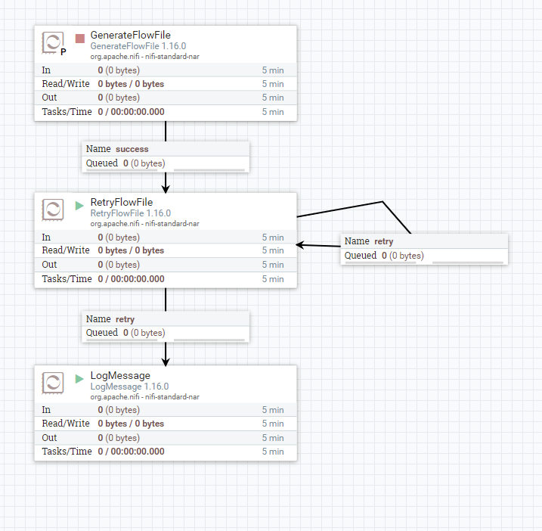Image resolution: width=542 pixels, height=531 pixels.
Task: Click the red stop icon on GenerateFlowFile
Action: [80, 39]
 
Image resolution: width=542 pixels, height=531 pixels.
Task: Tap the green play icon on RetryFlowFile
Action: [79, 205]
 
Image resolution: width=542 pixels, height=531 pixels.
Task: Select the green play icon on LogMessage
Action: [79, 378]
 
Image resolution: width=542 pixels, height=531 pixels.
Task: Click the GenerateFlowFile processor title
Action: [130, 35]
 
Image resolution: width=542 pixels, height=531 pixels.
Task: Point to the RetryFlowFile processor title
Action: [121, 202]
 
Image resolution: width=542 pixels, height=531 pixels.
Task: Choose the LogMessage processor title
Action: [120, 375]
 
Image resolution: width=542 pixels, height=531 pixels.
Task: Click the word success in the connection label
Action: [132, 149]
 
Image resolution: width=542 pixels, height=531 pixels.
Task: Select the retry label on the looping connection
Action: [383, 241]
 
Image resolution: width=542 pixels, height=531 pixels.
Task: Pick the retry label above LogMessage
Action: [125, 319]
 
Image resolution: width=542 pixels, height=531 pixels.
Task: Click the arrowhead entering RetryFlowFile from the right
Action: [300, 244]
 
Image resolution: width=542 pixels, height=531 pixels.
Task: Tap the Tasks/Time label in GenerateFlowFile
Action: [67, 112]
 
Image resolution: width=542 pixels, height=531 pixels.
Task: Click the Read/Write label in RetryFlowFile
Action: [66, 250]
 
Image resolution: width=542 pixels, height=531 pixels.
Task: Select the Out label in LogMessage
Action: [49, 438]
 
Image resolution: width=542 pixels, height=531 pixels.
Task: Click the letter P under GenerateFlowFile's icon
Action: [63, 52]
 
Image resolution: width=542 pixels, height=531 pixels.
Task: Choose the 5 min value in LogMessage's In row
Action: [273, 410]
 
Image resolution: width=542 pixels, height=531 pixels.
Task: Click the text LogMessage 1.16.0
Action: [129, 387]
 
